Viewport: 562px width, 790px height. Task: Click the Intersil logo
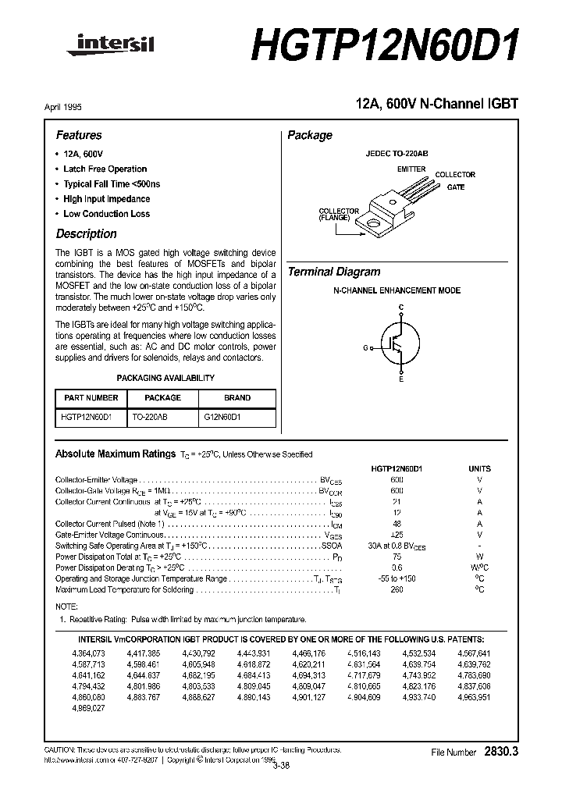pos(116,46)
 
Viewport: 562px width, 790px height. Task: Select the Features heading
pos(79,135)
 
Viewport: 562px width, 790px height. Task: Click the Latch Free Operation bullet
pos(105,169)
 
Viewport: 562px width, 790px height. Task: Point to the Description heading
pos(86,233)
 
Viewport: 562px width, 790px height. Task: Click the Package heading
pos(310,135)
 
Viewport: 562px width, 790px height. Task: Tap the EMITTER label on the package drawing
pos(411,169)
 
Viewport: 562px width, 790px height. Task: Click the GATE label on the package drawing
pos(456,187)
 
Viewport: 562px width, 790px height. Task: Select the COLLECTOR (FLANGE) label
pos(339,215)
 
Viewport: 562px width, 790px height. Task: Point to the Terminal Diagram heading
pos(334,272)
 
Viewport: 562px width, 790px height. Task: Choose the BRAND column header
pos(237,397)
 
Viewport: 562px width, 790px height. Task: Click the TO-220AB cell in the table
pos(151,418)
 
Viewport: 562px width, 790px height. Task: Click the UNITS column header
pos(479,468)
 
